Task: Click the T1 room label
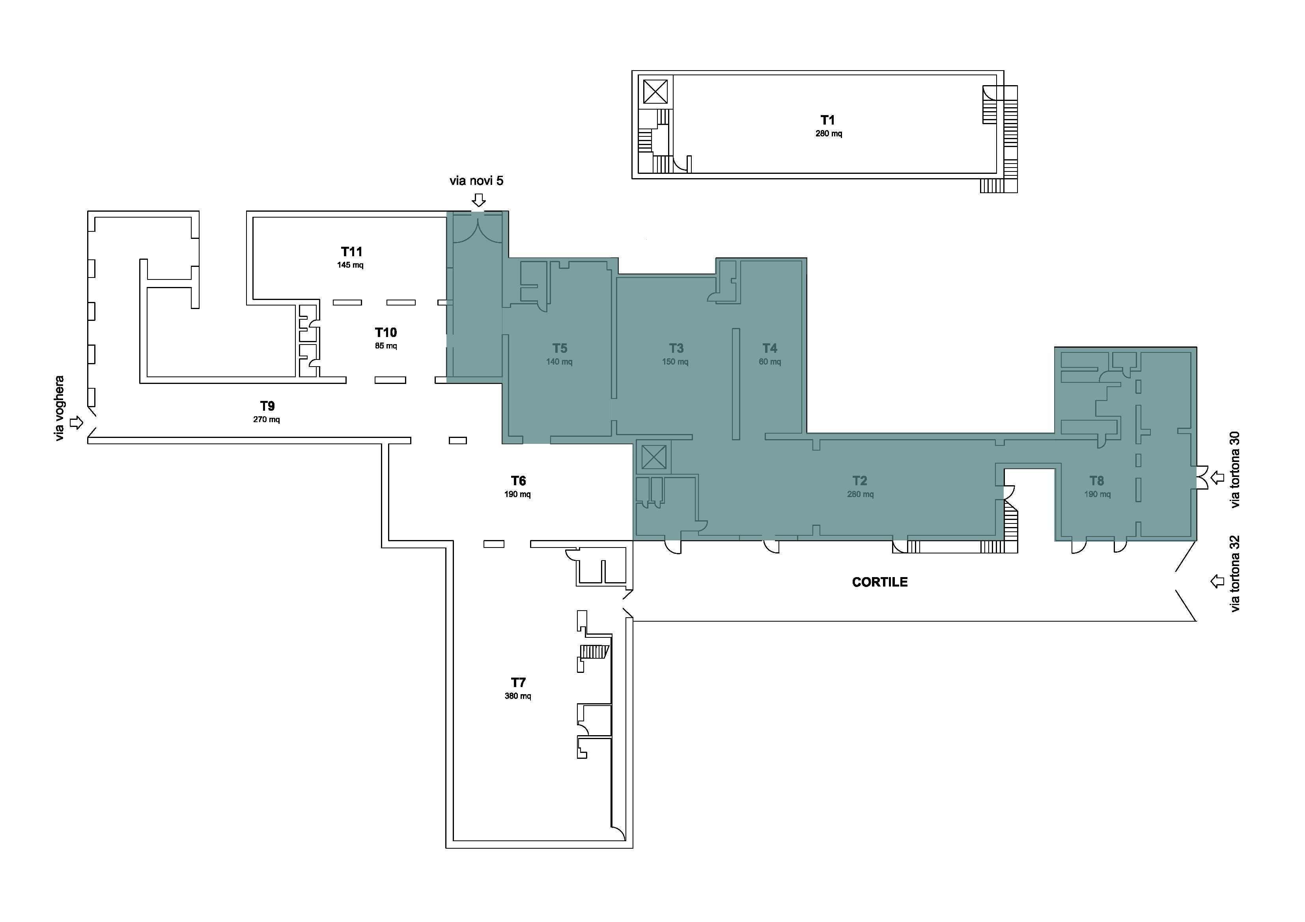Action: point(827,120)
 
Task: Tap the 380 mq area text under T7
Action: point(518,696)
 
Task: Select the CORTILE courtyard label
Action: point(880,582)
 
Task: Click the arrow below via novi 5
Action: point(479,200)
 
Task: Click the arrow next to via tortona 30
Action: point(1217,478)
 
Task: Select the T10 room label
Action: point(386,332)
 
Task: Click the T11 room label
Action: point(351,251)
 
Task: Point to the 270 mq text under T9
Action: point(267,420)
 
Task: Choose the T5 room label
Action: point(560,348)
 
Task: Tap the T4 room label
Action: point(769,348)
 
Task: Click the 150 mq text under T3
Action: point(675,362)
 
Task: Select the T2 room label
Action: point(860,481)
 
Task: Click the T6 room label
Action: point(518,481)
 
